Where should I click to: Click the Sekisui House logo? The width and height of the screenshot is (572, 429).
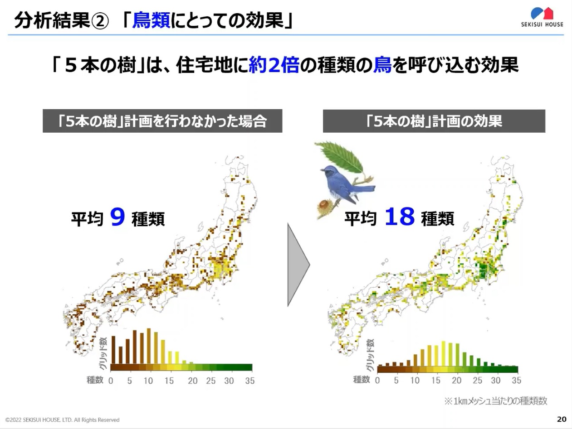click(x=542, y=17)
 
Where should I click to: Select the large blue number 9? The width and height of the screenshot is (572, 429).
click(x=117, y=217)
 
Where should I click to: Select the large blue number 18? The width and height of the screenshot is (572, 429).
click(x=400, y=217)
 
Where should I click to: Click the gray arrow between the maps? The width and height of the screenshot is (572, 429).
click(x=298, y=265)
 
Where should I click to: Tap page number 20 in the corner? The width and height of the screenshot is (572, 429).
click(x=562, y=419)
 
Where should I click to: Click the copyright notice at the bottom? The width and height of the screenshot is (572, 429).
click(x=62, y=420)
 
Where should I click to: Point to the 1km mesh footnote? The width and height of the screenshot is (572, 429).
click(x=496, y=401)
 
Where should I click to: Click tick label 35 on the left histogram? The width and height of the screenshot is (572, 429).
click(x=249, y=381)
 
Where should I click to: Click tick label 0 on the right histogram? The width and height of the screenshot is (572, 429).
click(x=377, y=381)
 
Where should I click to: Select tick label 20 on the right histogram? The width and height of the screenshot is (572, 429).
click(x=457, y=381)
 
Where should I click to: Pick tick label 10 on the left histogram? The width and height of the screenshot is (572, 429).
click(x=148, y=381)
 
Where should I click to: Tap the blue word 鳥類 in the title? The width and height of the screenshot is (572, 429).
click(x=151, y=20)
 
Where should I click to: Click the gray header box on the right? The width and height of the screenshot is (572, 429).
click(x=434, y=121)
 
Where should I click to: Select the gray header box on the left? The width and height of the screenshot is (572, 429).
click(x=162, y=121)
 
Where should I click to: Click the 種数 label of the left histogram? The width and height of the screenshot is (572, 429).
click(x=95, y=380)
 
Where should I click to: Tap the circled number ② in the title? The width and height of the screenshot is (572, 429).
click(x=100, y=21)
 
